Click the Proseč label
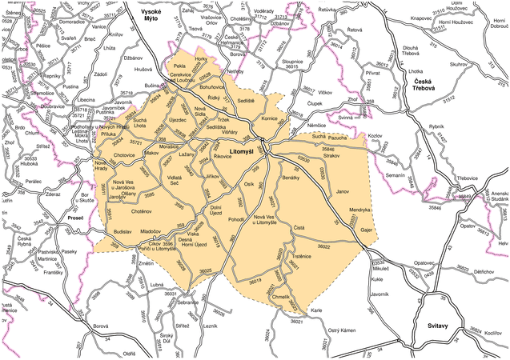point(75,218)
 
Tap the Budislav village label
point(122,230)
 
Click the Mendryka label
point(359,210)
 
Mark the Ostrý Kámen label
point(342,330)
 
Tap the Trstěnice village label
point(300,256)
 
